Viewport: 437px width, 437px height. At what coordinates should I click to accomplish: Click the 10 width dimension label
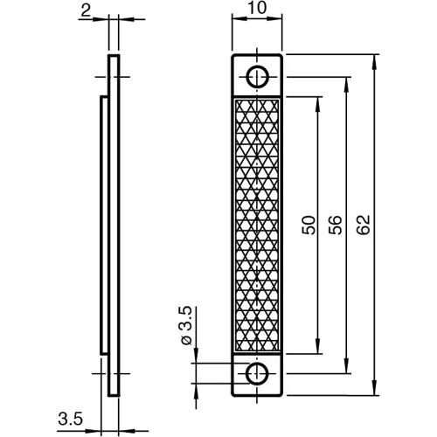(x=258, y=8)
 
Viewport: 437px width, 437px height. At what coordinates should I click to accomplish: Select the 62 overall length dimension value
(x=364, y=225)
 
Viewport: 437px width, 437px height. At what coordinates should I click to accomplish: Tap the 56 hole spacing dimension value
(x=335, y=225)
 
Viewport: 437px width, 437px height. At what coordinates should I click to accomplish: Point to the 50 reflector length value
(x=309, y=225)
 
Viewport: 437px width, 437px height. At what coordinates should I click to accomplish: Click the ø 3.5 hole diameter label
(x=186, y=325)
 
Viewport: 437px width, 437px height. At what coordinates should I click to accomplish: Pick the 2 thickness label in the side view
(x=86, y=11)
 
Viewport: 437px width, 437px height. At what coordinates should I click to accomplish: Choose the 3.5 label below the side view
(x=71, y=419)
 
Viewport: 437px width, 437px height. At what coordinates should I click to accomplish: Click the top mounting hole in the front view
(x=257, y=77)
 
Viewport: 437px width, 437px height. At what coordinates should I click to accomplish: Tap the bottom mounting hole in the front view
(x=257, y=374)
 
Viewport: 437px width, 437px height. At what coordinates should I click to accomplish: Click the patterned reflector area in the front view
(x=257, y=225)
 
